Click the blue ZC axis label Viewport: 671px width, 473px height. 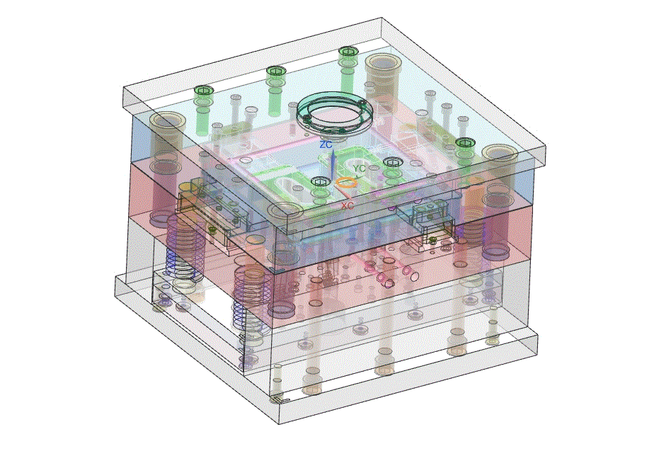point(326,144)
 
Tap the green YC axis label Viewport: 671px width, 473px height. point(360,169)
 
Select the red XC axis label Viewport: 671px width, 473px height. point(348,206)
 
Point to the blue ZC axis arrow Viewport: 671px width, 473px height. point(333,164)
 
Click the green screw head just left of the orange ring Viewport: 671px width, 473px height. point(319,183)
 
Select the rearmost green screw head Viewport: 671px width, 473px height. point(348,52)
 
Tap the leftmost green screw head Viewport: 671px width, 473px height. point(203,91)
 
